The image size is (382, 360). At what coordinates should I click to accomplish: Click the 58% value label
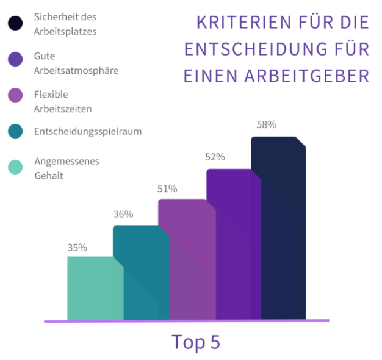tap(266, 124)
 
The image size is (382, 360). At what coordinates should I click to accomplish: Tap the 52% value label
tap(215, 157)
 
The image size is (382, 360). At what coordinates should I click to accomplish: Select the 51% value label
tap(167, 189)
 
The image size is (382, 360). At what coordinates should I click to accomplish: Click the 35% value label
tap(77, 248)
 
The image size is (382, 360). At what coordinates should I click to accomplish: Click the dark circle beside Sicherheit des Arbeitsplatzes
tap(16, 24)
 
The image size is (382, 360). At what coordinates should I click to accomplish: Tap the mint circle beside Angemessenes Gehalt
tap(16, 167)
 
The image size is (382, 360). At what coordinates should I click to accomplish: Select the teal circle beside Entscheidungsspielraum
tap(16, 131)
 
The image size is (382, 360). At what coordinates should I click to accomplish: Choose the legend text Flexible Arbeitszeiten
tap(63, 101)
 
